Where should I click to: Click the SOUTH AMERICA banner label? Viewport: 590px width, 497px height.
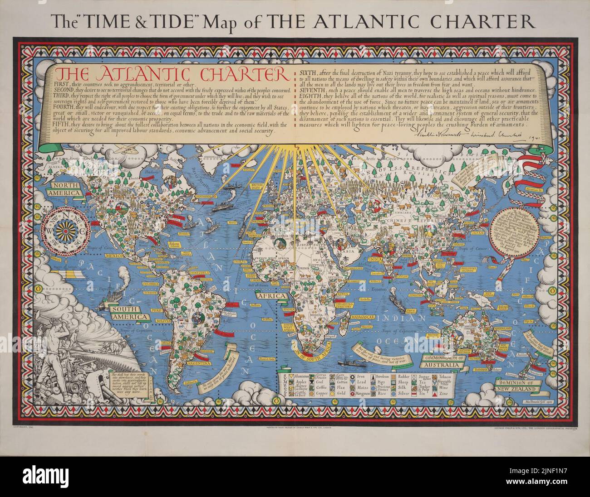tap(129, 313)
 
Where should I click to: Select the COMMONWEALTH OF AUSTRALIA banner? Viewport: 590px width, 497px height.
tap(443, 361)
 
